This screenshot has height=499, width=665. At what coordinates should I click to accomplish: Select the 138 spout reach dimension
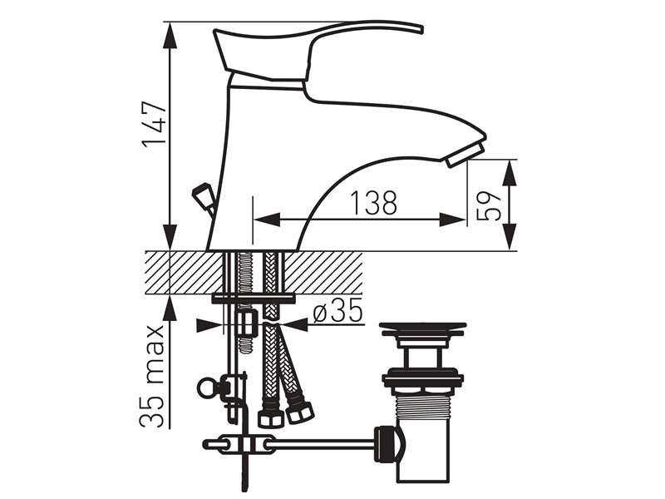(x=373, y=202)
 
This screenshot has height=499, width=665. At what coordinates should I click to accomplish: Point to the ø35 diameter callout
(x=337, y=311)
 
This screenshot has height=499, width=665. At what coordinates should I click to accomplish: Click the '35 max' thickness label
(x=152, y=376)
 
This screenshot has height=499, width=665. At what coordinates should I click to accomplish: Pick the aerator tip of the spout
(x=465, y=155)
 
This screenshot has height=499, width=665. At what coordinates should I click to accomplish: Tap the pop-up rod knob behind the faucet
(x=203, y=196)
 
